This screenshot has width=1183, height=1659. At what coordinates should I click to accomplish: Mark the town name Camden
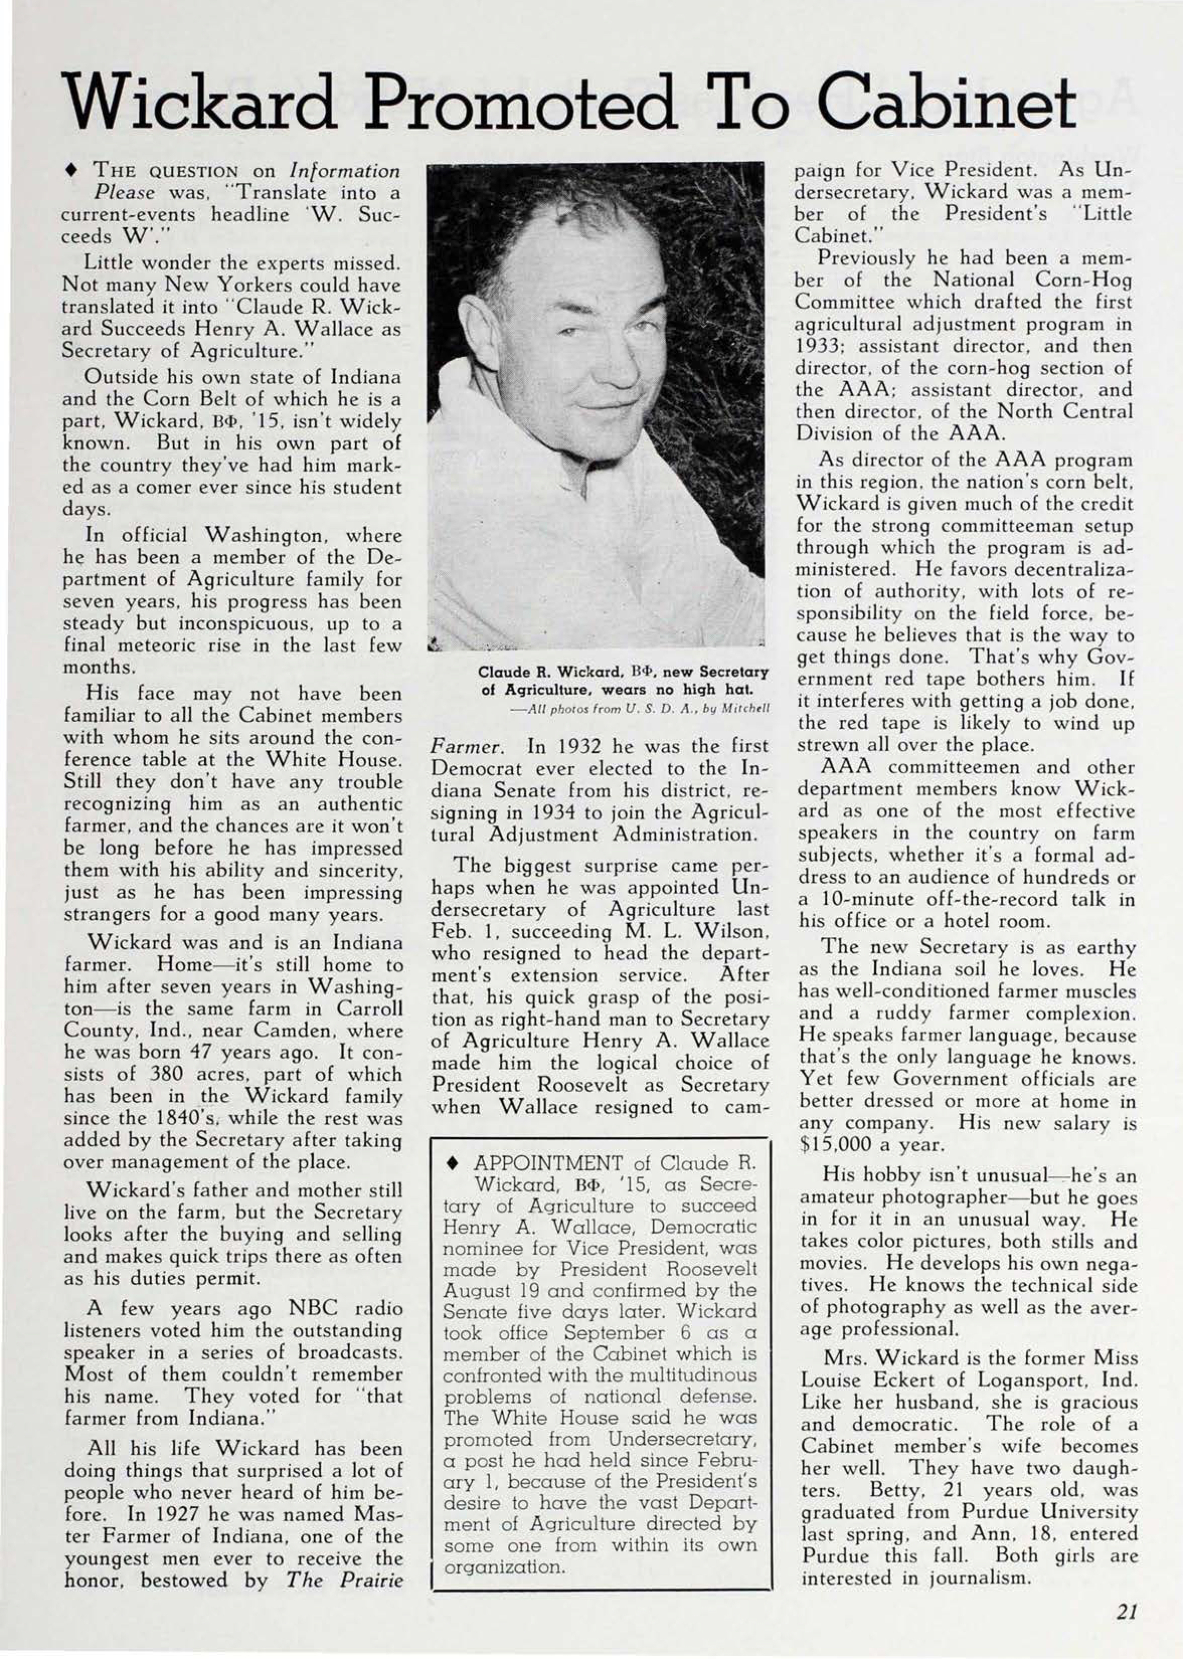(253, 1031)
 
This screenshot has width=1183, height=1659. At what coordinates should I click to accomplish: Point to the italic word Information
(345, 172)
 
